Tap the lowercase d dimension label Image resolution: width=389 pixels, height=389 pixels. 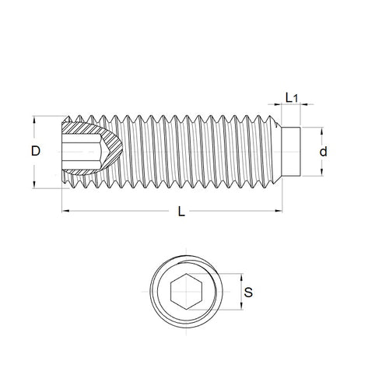[324, 152]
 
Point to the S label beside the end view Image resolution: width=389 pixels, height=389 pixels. [248, 293]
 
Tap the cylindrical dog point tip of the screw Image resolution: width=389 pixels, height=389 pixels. [290, 152]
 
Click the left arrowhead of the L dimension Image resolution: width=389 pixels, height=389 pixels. [64, 211]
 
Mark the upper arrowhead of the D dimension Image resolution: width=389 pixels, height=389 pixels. [34, 121]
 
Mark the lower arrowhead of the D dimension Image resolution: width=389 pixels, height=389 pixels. [34, 184]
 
